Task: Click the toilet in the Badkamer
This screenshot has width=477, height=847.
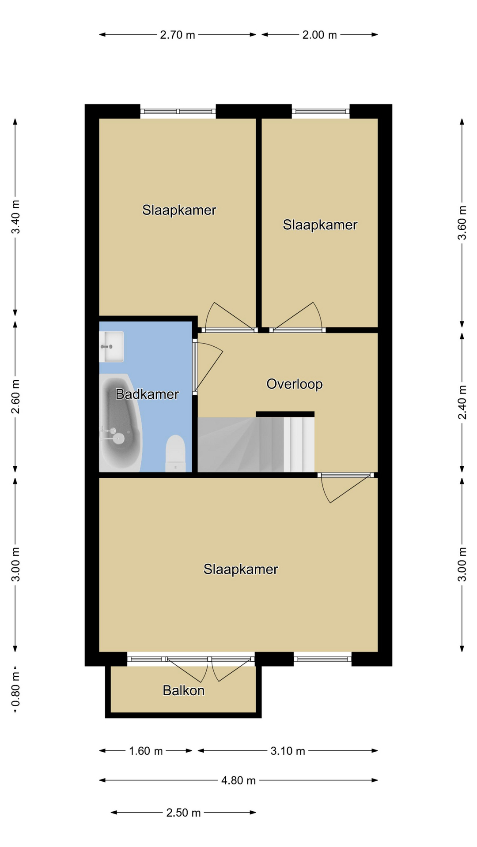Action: point(175,453)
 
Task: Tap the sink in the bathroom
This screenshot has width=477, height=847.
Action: point(111,347)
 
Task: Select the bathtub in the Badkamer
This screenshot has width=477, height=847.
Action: point(120,423)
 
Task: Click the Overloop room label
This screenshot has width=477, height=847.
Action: point(295,384)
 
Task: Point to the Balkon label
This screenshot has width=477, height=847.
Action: point(183,690)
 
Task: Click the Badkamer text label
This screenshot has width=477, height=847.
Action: point(147,394)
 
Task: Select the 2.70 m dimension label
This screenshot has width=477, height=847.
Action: point(178,35)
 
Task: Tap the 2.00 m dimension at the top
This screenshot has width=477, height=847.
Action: point(319,35)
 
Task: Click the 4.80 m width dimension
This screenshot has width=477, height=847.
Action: point(238,780)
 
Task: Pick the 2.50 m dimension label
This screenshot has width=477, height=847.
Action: point(183,813)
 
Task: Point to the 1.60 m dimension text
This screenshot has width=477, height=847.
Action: point(146,751)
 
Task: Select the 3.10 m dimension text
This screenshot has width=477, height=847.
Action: point(288,751)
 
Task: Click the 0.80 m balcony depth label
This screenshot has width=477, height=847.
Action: point(15,689)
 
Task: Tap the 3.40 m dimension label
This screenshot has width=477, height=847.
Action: point(15,217)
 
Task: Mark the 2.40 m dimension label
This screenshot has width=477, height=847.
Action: point(462,402)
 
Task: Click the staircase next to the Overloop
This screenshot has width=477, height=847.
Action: point(256,444)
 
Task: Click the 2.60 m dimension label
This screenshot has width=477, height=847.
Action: point(15,397)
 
